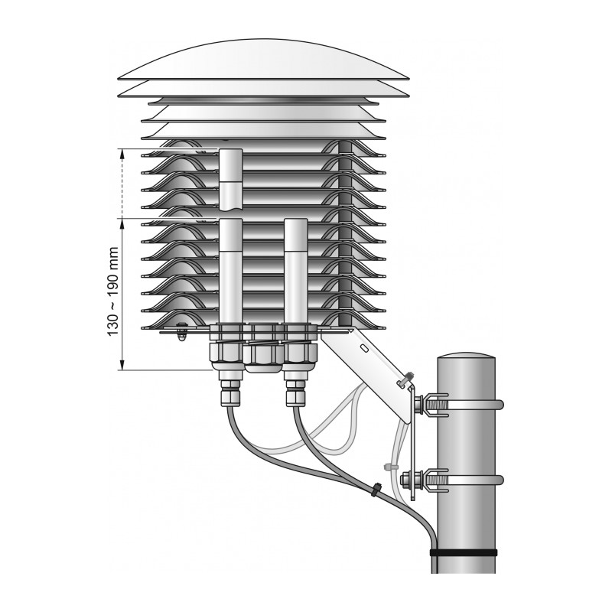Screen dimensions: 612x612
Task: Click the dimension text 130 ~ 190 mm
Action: (x=112, y=291)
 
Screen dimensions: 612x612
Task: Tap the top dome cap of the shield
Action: (x=263, y=60)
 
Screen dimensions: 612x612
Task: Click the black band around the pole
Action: (x=464, y=552)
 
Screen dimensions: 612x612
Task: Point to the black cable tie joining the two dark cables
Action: (x=376, y=489)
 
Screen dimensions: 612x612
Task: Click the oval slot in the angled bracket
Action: (x=363, y=347)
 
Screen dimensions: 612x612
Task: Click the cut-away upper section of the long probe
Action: (x=231, y=179)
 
